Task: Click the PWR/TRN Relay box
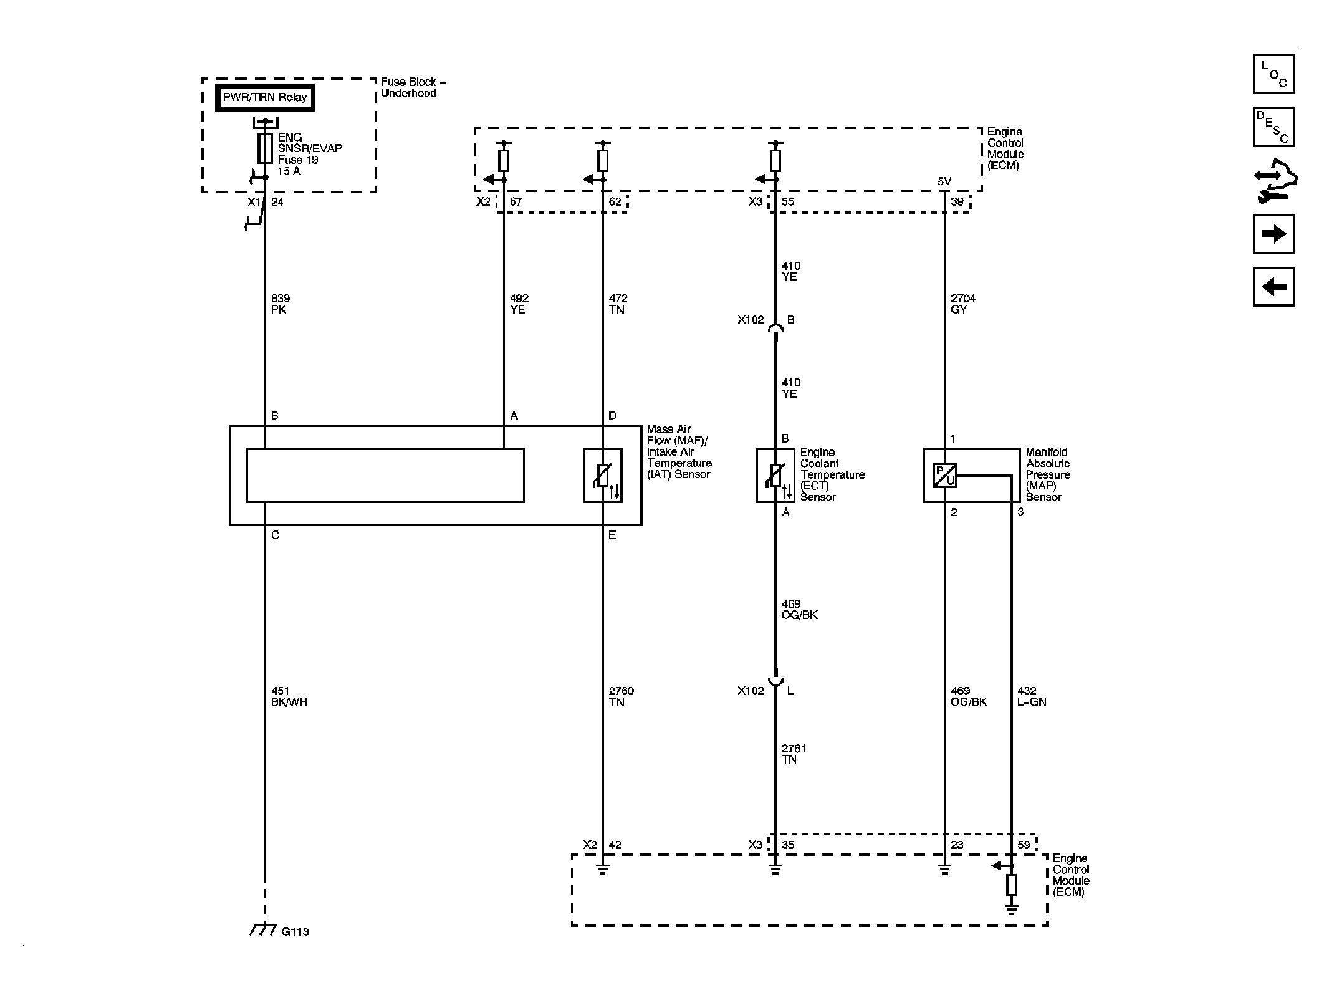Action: [x=265, y=98]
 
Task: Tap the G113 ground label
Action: [x=295, y=932]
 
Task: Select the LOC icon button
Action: [x=1274, y=74]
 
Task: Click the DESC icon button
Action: [x=1274, y=127]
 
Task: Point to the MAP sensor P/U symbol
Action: [x=945, y=476]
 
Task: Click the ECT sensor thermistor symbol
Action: [x=775, y=476]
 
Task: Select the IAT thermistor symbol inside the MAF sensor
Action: [x=603, y=476]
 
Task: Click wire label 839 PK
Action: [x=281, y=304]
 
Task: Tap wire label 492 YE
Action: [x=519, y=304]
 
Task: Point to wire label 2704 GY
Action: [x=963, y=304]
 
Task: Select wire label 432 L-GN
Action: [x=1032, y=696]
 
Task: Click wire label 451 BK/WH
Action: [x=289, y=696]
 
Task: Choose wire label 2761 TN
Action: [x=794, y=754]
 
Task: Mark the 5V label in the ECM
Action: [x=944, y=181]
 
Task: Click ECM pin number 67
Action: [x=516, y=202]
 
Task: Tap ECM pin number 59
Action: [x=1024, y=845]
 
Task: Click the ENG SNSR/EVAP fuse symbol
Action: [x=265, y=148]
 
